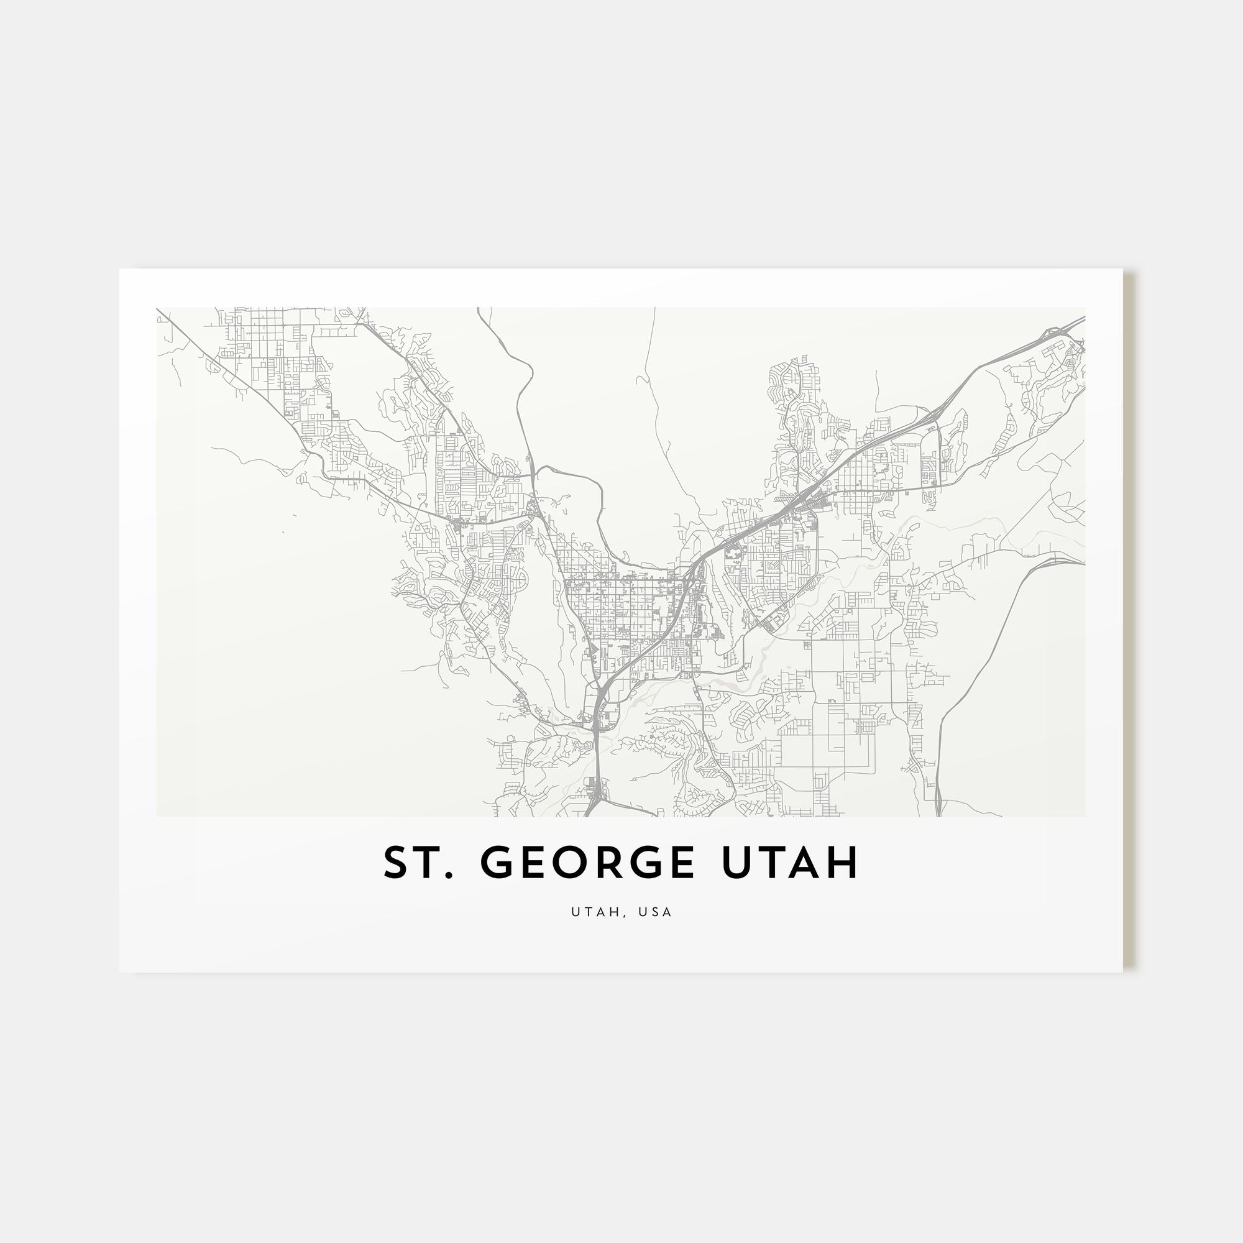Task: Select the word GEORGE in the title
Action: pos(587,863)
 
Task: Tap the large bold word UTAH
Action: pos(790,863)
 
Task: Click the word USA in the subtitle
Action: pos(656,912)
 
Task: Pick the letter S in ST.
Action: pos(397,863)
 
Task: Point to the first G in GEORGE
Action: pos(498,863)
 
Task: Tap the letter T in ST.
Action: pos(428,863)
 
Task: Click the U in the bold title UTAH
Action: pos(736,863)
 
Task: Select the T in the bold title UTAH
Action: pos(771,863)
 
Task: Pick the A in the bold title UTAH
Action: pos(806,863)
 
